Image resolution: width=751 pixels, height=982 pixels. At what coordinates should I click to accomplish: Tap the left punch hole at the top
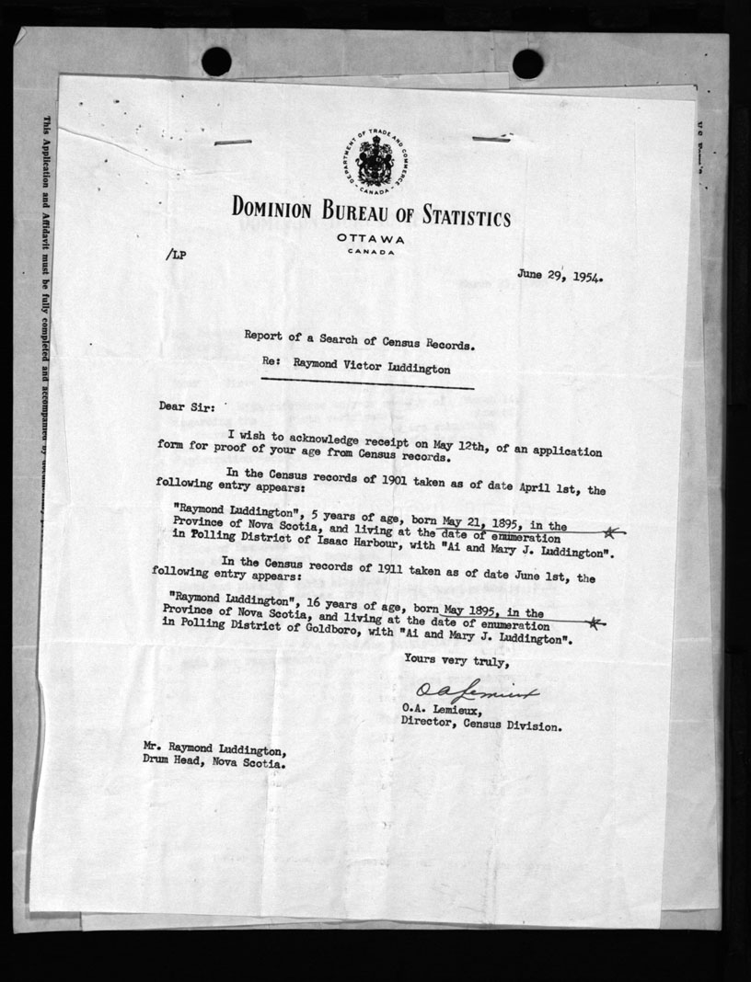(x=216, y=62)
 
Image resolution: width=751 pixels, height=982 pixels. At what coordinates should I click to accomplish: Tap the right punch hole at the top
(x=527, y=63)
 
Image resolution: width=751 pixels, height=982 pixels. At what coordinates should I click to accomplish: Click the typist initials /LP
(x=176, y=256)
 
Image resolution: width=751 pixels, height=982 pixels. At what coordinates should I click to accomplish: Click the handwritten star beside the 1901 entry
(x=610, y=531)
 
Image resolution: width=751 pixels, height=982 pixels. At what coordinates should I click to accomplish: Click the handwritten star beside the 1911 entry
(x=596, y=623)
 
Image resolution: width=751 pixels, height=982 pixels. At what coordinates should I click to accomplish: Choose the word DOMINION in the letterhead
(x=278, y=209)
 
